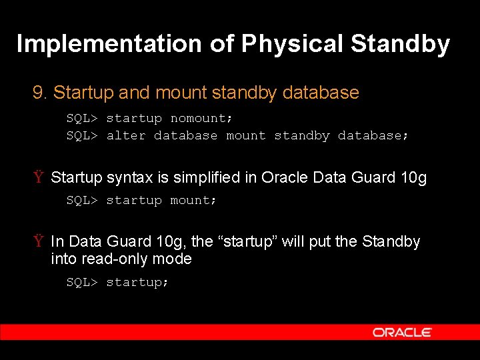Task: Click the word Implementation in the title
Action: point(109,44)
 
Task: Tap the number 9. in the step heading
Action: point(40,93)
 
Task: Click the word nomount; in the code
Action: point(202,119)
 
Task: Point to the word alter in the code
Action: point(126,136)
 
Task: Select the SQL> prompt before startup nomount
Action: point(82,119)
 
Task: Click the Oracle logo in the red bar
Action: point(402,332)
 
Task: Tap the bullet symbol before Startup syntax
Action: point(39,178)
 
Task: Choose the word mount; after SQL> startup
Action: point(194,201)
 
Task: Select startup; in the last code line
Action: point(138,283)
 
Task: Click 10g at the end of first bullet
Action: point(413,178)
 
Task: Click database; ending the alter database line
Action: point(373,136)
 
